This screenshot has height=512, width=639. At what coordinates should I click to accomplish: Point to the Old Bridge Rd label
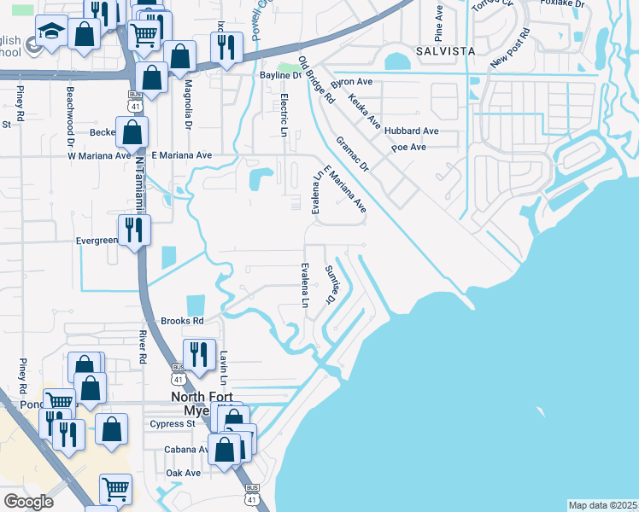tap(315, 79)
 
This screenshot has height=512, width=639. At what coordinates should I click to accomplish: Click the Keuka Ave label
tap(364, 111)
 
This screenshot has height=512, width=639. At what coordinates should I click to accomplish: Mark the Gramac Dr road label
tap(351, 153)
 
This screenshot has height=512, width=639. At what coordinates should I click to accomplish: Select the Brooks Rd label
tap(182, 321)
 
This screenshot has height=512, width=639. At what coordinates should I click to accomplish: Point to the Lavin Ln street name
tap(224, 368)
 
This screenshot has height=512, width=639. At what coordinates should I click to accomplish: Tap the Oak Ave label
tap(183, 473)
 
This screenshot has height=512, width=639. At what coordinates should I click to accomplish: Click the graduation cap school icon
tap(51, 32)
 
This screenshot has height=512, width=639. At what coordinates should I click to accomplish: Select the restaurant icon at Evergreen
tap(134, 230)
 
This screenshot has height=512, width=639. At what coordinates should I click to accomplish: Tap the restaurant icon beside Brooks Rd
tap(199, 353)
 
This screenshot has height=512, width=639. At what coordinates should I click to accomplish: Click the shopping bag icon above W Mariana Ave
tap(132, 132)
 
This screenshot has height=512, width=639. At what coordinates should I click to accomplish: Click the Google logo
tap(28, 502)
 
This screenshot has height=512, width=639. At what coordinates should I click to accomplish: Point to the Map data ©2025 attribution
tap(602, 505)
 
